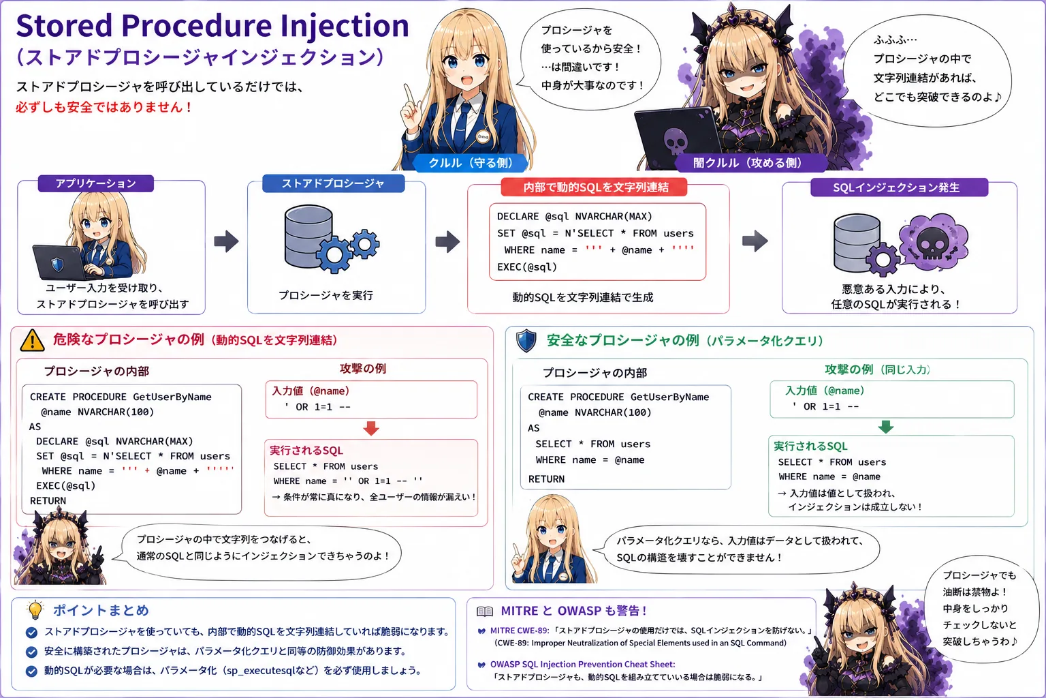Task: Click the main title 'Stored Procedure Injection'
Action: (212, 26)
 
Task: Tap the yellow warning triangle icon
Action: (32, 340)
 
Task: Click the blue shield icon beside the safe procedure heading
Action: (526, 340)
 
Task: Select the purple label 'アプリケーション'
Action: (96, 183)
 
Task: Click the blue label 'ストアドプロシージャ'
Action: (333, 183)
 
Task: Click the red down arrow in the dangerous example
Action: (371, 428)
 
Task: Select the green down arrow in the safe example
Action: (886, 427)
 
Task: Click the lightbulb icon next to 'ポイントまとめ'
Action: (35, 609)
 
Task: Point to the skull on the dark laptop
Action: (676, 141)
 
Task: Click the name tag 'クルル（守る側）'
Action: (471, 163)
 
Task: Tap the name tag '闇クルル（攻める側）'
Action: (748, 163)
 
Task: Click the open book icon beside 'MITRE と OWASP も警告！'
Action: (485, 611)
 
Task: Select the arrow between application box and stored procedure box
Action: (227, 241)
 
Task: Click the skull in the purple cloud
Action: (931, 244)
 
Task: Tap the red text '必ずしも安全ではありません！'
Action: (104, 108)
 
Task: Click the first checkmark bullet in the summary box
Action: (32, 633)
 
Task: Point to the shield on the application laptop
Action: (57, 264)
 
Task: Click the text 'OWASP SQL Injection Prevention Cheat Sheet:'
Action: (582, 665)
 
